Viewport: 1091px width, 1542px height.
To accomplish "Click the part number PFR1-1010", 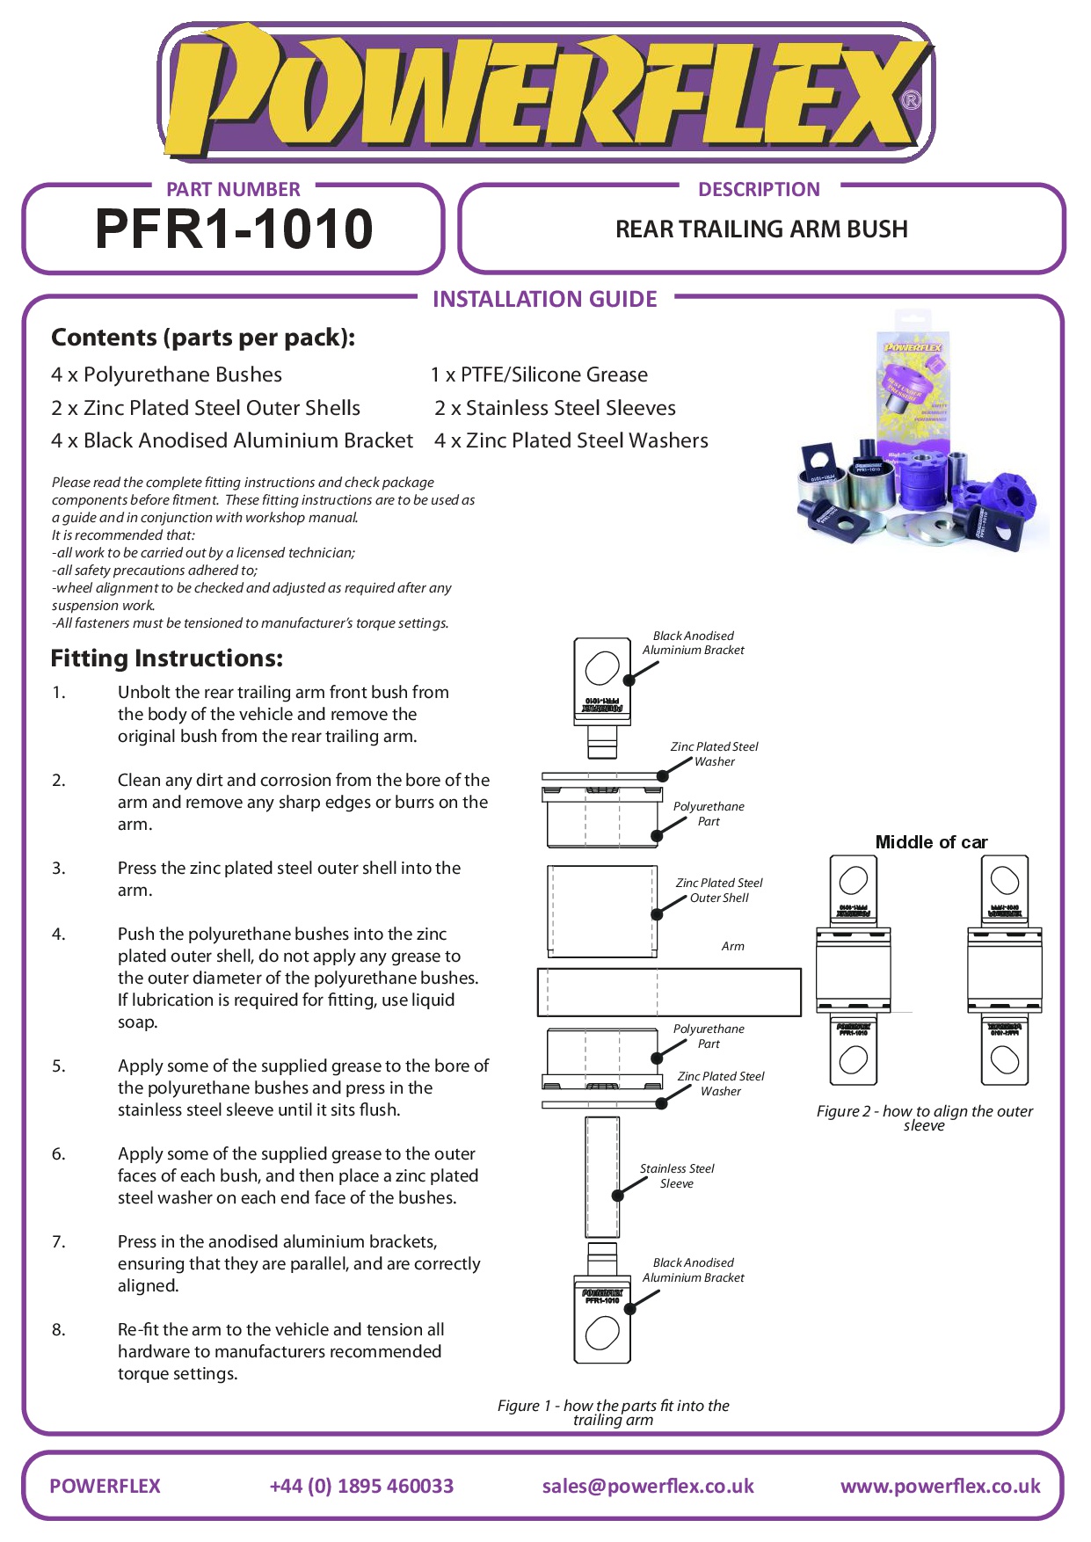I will tap(234, 229).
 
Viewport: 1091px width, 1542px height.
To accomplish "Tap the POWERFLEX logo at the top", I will tap(545, 92).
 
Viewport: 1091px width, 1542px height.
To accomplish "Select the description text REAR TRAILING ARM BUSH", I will tap(761, 229).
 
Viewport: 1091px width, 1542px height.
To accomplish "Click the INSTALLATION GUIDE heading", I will tap(544, 300).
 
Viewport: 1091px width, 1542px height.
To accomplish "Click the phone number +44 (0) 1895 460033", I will tap(361, 1486).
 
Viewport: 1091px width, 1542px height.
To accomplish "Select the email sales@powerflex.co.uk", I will tap(648, 1486).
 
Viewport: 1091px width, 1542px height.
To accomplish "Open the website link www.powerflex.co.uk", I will tap(940, 1486).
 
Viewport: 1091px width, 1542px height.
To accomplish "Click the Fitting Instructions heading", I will tap(167, 658).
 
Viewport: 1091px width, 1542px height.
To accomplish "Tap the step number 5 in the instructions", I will tap(58, 1066).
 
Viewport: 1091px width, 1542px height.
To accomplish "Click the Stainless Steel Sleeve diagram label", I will tap(677, 1176).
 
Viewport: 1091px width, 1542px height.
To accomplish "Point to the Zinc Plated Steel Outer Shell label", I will tap(719, 890).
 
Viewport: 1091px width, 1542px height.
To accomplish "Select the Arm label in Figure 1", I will tap(732, 947).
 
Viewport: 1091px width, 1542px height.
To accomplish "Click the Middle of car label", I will tap(931, 842).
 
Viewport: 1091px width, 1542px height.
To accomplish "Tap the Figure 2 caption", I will tap(925, 1117).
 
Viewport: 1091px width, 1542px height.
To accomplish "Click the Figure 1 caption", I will tap(613, 1412).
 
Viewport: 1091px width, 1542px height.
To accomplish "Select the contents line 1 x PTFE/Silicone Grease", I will tap(539, 375).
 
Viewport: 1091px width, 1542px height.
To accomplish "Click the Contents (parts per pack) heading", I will tap(203, 338).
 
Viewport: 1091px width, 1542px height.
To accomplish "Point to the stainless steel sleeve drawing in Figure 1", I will tap(602, 1176).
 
